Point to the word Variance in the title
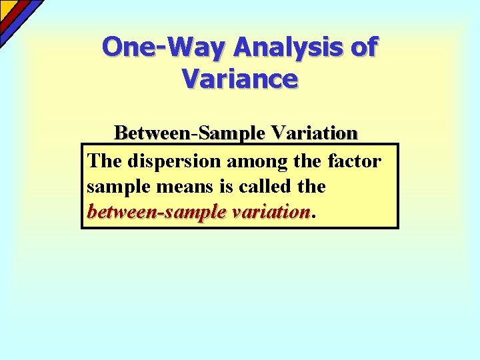(239, 79)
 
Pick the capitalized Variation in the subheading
(313, 133)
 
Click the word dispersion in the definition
(169, 161)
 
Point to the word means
(181, 187)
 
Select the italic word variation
(271, 212)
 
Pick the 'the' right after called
(311, 187)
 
